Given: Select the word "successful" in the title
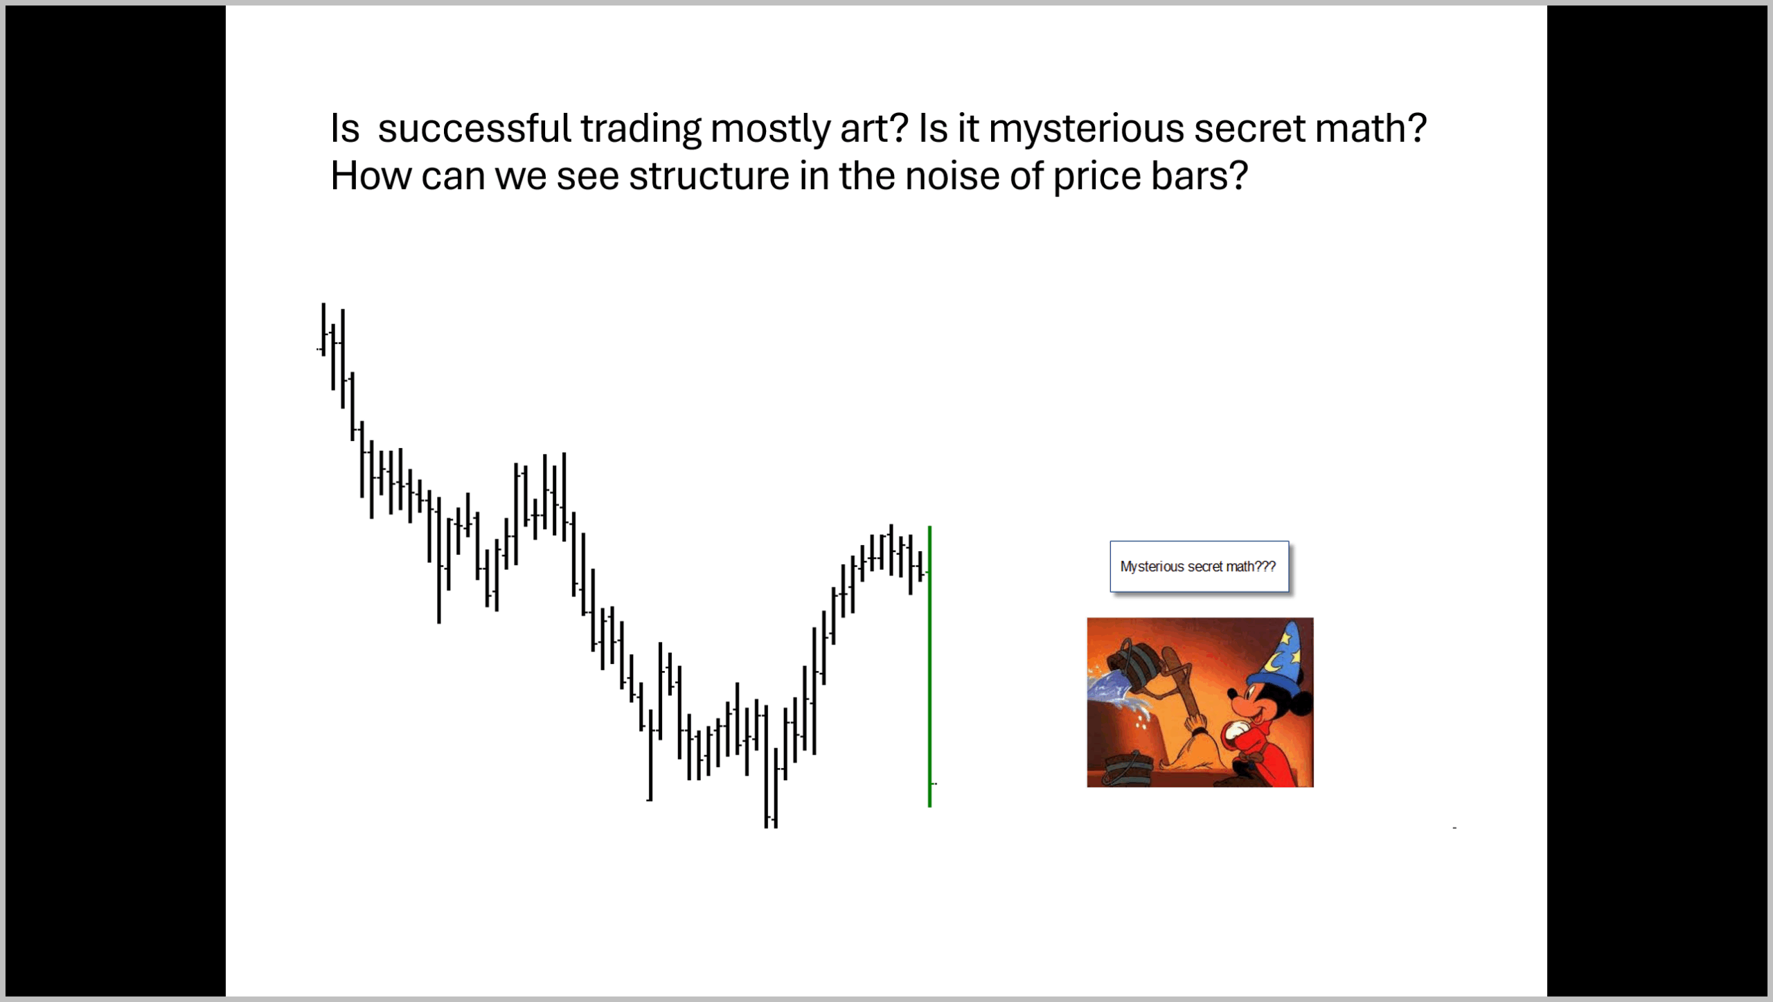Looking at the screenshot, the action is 474,128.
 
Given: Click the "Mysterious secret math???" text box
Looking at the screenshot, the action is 1199,566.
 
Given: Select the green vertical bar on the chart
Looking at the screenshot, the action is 929,666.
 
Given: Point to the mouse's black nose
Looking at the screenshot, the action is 1231,692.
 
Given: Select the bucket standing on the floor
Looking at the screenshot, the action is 1128,769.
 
